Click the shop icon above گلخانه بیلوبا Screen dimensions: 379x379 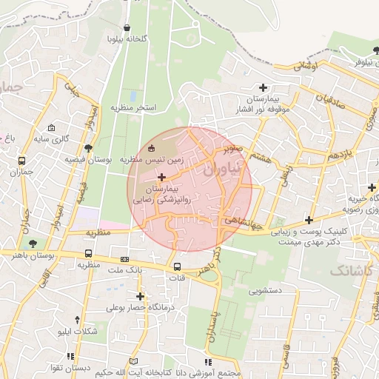[127, 27]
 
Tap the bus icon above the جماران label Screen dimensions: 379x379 [21, 161]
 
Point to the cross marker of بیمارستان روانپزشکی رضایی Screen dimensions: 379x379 [162, 177]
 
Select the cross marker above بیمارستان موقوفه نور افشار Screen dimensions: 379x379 [263, 87]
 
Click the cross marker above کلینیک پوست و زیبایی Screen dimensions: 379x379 [309, 220]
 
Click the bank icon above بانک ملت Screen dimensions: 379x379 [124, 259]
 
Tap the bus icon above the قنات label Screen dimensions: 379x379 [177, 266]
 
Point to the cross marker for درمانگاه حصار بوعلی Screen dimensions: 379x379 [139, 296]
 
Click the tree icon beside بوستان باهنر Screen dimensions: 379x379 [31, 243]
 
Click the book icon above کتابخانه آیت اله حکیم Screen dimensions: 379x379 [207, 361]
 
